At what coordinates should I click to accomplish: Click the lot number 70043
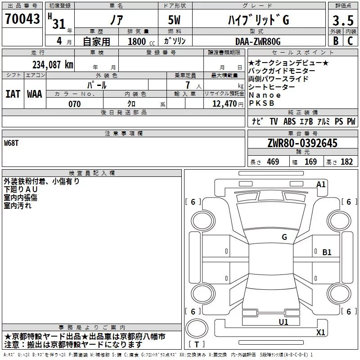[22, 19]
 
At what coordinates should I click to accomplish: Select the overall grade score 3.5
[343, 20]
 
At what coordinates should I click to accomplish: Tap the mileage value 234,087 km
[53, 65]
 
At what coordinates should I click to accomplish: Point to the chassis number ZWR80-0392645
[302, 143]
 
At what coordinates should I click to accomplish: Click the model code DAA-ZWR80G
[258, 41]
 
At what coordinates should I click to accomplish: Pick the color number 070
[75, 104]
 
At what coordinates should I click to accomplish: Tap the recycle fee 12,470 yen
[228, 104]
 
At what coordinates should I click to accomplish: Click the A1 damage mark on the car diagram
[321, 184]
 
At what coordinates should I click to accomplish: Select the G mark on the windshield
[284, 237]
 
